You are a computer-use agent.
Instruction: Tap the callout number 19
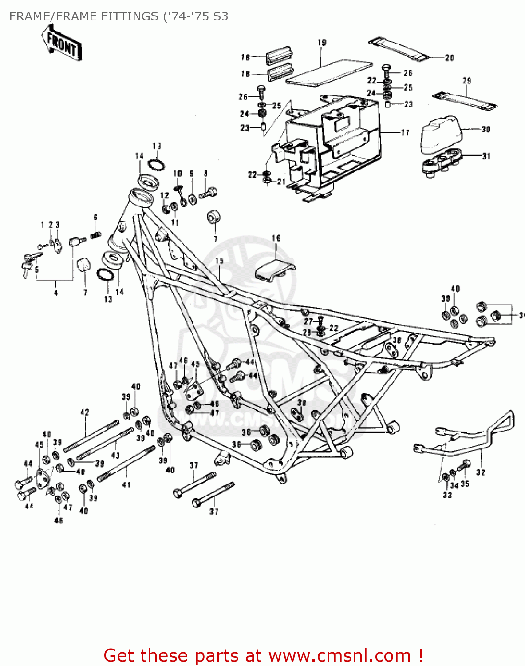tap(322, 43)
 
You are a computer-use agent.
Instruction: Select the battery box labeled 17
tap(337, 147)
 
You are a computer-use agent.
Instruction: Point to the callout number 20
tap(449, 58)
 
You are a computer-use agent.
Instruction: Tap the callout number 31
tap(486, 156)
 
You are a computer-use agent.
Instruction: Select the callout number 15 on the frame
tap(220, 261)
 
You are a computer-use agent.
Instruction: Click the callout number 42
tap(85, 412)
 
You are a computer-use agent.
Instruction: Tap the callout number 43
tap(115, 455)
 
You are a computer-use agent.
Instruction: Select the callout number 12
tap(165, 195)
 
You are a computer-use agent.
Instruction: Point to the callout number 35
tap(465, 484)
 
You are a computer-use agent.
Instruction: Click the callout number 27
tap(308, 321)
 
